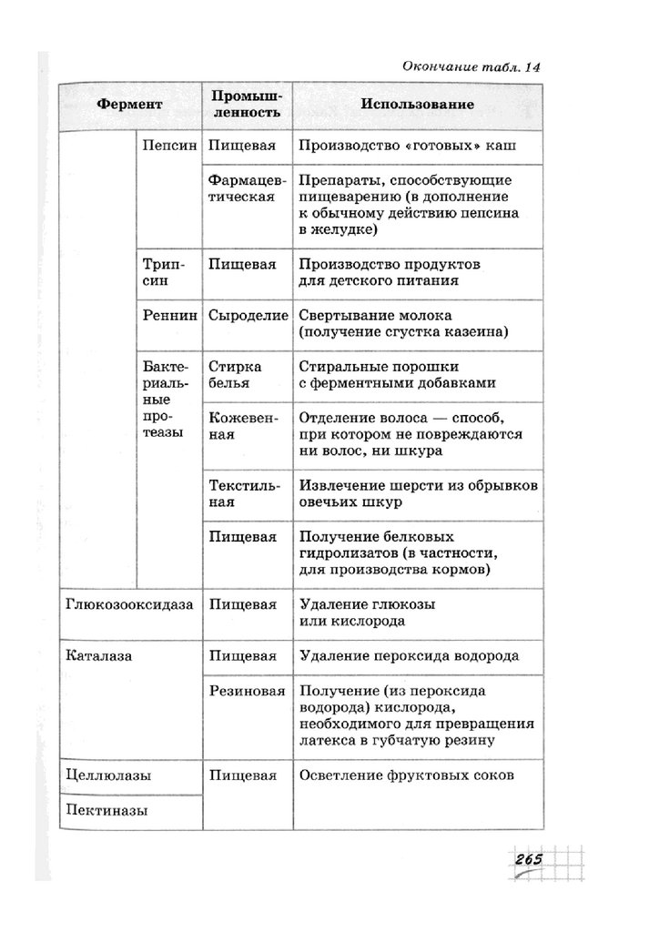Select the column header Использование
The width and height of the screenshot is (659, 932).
click(x=417, y=105)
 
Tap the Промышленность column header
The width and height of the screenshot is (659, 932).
click(x=245, y=105)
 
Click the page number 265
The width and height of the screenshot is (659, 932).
click(x=528, y=860)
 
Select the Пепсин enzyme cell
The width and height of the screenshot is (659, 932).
click(x=170, y=145)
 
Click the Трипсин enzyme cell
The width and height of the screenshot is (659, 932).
click(x=165, y=272)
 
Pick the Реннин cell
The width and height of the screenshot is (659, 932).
click(x=170, y=317)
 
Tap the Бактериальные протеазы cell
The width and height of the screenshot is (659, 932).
click(x=166, y=399)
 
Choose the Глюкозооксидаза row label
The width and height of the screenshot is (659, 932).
click(x=130, y=603)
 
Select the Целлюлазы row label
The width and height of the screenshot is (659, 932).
click(x=108, y=775)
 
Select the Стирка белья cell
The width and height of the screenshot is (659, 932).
click(x=235, y=374)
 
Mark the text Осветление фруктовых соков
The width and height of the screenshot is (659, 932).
click(x=406, y=775)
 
